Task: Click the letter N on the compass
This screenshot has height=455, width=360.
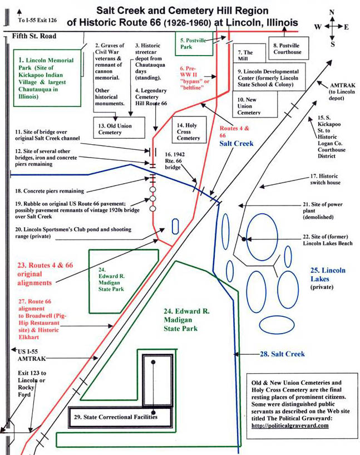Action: pos(332,12)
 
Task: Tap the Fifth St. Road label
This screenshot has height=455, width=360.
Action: pos(34,36)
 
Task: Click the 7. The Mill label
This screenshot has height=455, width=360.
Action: pos(245,56)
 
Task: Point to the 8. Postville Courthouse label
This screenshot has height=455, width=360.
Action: pos(287,49)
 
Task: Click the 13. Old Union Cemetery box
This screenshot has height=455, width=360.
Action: pos(119,128)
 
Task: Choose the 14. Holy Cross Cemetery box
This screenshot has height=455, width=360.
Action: pos(189,130)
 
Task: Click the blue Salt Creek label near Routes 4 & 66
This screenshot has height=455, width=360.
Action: pos(236,143)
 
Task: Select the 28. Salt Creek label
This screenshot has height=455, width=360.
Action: pos(282,354)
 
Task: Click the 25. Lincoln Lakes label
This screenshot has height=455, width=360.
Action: pos(328,275)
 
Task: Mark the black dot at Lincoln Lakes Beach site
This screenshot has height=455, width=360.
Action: pos(244,239)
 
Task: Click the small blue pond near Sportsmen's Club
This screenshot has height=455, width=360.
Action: pos(175,226)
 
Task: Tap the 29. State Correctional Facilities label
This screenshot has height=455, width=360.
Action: pos(116,417)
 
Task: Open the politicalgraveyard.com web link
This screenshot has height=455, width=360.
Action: pos(290,425)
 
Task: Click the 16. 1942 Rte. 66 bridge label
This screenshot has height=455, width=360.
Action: pos(175,161)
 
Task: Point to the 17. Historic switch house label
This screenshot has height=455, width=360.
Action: pos(325,179)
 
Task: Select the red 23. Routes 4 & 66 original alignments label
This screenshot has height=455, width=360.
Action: pos(45,274)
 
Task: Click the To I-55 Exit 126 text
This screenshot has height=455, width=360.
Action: pos(37,20)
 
